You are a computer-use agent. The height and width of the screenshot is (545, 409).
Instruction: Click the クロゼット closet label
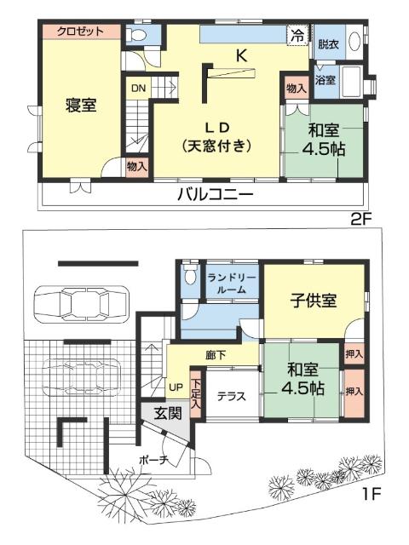[x=80, y=32]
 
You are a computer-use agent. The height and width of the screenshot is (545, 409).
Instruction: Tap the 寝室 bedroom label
[x=81, y=106]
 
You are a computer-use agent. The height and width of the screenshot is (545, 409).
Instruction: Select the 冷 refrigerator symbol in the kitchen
[x=297, y=35]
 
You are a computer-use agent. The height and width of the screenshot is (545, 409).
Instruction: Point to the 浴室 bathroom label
[x=325, y=81]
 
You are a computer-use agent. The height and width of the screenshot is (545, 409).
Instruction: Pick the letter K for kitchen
[x=241, y=57]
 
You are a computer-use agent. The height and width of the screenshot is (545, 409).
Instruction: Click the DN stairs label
[x=138, y=87]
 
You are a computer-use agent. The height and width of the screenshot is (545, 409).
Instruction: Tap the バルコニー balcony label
[x=215, y=194]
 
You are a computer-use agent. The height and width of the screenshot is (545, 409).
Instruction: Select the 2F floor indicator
[x=362, y=219]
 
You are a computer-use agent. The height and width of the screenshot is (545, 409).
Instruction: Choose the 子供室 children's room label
[x=314, y=301]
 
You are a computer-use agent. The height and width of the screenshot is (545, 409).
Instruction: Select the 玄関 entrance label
[x=168, y=415]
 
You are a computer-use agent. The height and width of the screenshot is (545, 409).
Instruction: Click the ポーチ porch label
[x=153, y=460]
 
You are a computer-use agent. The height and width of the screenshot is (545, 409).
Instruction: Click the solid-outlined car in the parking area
[x=81, y=304]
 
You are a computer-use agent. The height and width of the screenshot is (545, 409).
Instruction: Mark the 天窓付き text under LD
[x=218, y=146]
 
